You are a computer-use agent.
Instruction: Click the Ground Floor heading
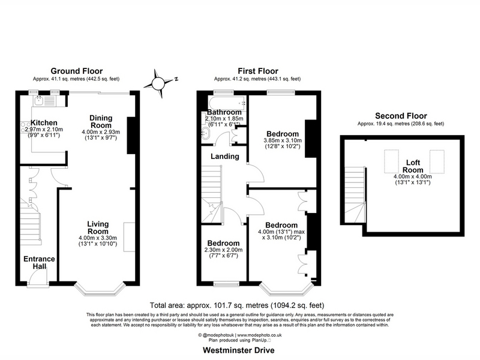point(77,71)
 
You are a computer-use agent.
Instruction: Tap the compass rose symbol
point(158,83)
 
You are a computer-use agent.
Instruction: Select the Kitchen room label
point(44,123)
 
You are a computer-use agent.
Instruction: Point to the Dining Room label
point(101,122)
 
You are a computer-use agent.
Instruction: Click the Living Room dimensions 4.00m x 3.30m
point(98,238)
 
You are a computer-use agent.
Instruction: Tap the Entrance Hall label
point(39,263)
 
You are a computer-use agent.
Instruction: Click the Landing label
point(224,157)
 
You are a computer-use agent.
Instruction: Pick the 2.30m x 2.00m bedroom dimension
point(223,250)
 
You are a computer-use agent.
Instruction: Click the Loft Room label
point(413,166)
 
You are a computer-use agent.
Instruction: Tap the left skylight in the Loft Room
point(392,161)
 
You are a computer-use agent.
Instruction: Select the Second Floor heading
point(401,116)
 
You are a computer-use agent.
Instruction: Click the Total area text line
point(237,305)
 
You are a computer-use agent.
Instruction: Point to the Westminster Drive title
point(238,350)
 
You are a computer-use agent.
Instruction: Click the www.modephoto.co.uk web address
point(260,335)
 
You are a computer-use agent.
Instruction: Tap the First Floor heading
point(258,71)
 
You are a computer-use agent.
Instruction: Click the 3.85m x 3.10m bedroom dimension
point(283,140)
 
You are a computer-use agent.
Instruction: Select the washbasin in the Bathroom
point(205,134)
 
